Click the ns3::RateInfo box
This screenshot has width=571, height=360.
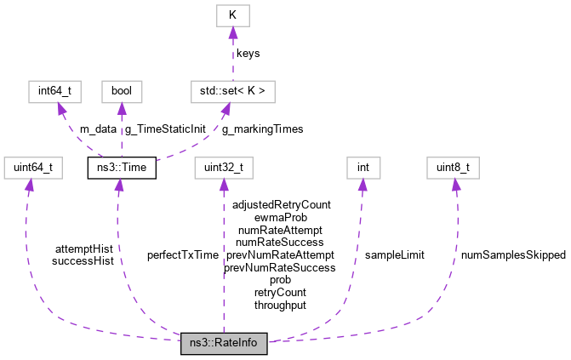(224, 345)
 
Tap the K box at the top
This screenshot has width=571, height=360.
(232, 15)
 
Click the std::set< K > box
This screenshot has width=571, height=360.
(232, 89)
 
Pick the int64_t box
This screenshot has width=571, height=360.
(53, 89)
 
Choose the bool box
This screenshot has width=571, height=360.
(121, 89)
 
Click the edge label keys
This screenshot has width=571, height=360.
(248, 53)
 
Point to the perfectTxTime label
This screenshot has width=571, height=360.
(182, 254)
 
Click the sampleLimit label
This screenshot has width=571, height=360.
(394, 254)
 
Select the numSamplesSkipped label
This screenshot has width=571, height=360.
(513, 254)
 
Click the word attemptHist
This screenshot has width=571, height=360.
(83, 249)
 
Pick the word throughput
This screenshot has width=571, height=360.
(280, 304)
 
